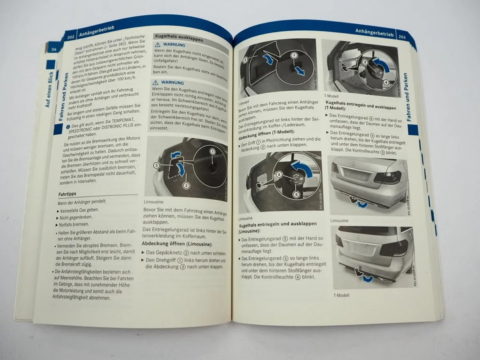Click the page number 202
pyautogui.click(x=71, y=36)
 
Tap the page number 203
pyautogui.click(x=402, y=37)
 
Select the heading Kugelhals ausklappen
pyautogui.click(x=179, y=38)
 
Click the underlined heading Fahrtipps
pyautogui.click(x=67, y=194)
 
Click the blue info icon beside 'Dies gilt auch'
pyautogui.click(x=68, y=127)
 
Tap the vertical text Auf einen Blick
pyautogui.click(x=49, y=90)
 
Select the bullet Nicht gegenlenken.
pyautogui.click(x=76, y=217)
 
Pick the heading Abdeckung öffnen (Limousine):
pyautogui.click(x=177, y=244)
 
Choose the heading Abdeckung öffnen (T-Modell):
pyautogui.click(x=266, y=135)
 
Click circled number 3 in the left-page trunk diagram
pyautogui.click(x=156, y=165)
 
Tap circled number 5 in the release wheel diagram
pyautogui.click(x=296, y=194)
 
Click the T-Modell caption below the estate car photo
pyautogui.click(x=341, y=295)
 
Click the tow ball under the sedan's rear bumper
pyautogui.click(x=354, y=200)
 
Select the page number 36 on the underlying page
pyautogui.click(x=54, y=49)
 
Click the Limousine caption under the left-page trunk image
pyautogui.click(x=153, y=202)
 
